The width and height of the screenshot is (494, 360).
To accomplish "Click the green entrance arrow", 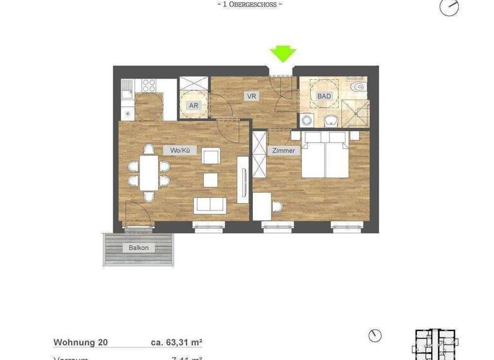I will [x=282, y=53].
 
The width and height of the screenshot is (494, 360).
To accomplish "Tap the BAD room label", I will [x=324, y=96].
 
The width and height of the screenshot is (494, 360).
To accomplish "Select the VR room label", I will [x=253, y=96].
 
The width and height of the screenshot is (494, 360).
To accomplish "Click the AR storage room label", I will [x=193, y=105].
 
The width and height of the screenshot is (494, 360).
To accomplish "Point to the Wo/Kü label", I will [x=181, y=150].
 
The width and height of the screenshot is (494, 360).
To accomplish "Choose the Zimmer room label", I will [x=284, y=150].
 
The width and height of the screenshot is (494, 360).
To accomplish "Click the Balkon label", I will [x=138, y=248].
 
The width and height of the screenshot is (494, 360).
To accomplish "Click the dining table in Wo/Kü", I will [x=149, y=172].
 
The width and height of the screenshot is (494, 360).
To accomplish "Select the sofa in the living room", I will [x=210, y=204].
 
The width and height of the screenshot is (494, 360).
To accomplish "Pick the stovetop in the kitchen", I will [x=149, y=85].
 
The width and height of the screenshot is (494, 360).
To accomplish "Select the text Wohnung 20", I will [x=80, y=343].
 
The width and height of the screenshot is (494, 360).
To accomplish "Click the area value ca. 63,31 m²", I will [x=176, y=343].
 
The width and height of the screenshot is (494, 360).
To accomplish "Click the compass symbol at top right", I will [x=449, y=6].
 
